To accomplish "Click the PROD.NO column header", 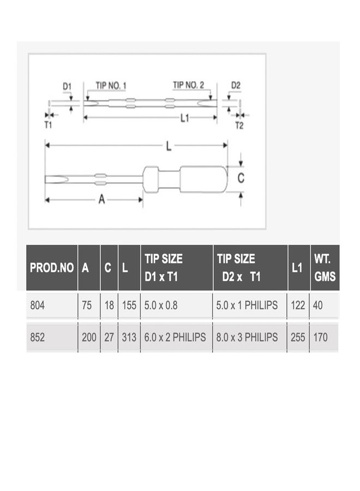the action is tap(52, 268).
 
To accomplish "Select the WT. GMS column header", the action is tap(325, 268).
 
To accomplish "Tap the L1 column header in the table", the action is tap(297, 268).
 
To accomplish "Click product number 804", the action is tap(37, 305).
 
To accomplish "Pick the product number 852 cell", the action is tap(37, 337).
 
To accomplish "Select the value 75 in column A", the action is tap(87, 305).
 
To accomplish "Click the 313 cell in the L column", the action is tap(129, 337).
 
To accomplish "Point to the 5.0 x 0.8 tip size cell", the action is tap(160, 305).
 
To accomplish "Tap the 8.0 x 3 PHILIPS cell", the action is tap(247, 337).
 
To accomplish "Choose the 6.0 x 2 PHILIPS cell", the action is tap(175, 337).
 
